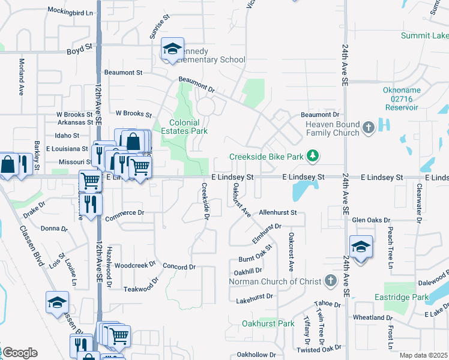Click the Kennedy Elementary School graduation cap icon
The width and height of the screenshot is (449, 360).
[x=172, y=49]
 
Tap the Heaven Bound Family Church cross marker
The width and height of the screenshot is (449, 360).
[x=369, y=127]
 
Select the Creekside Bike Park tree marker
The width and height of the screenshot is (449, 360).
[x=312, y=157]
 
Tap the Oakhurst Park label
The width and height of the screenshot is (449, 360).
[x=268, y=324]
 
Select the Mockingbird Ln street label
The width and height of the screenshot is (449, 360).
[x=71, y=12]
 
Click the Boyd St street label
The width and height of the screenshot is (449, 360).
[x=79, y=46]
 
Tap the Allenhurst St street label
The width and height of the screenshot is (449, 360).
[x=278, y=213]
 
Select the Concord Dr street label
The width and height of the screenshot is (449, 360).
[x=179, y=267]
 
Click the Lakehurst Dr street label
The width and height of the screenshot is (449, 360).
[x=255, y=296]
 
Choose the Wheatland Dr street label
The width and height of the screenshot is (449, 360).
[x=372, y=317]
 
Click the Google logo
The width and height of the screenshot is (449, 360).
[x=19, y=353]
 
